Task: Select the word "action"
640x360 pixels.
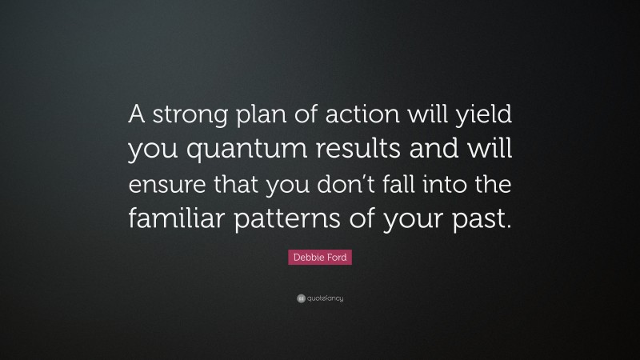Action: (346, 117)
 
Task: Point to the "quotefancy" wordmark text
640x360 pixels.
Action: (326, 298)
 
